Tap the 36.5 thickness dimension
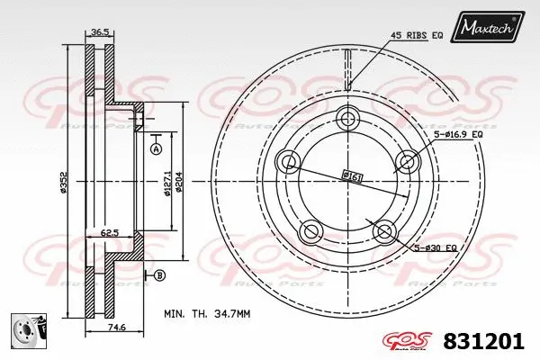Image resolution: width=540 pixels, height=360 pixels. (x=101, y=34)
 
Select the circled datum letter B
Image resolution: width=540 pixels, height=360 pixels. (x=159, y=274)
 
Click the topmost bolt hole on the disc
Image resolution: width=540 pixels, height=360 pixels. (x=349, y=120)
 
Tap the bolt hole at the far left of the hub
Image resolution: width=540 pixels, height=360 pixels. (x=289, y=163)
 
